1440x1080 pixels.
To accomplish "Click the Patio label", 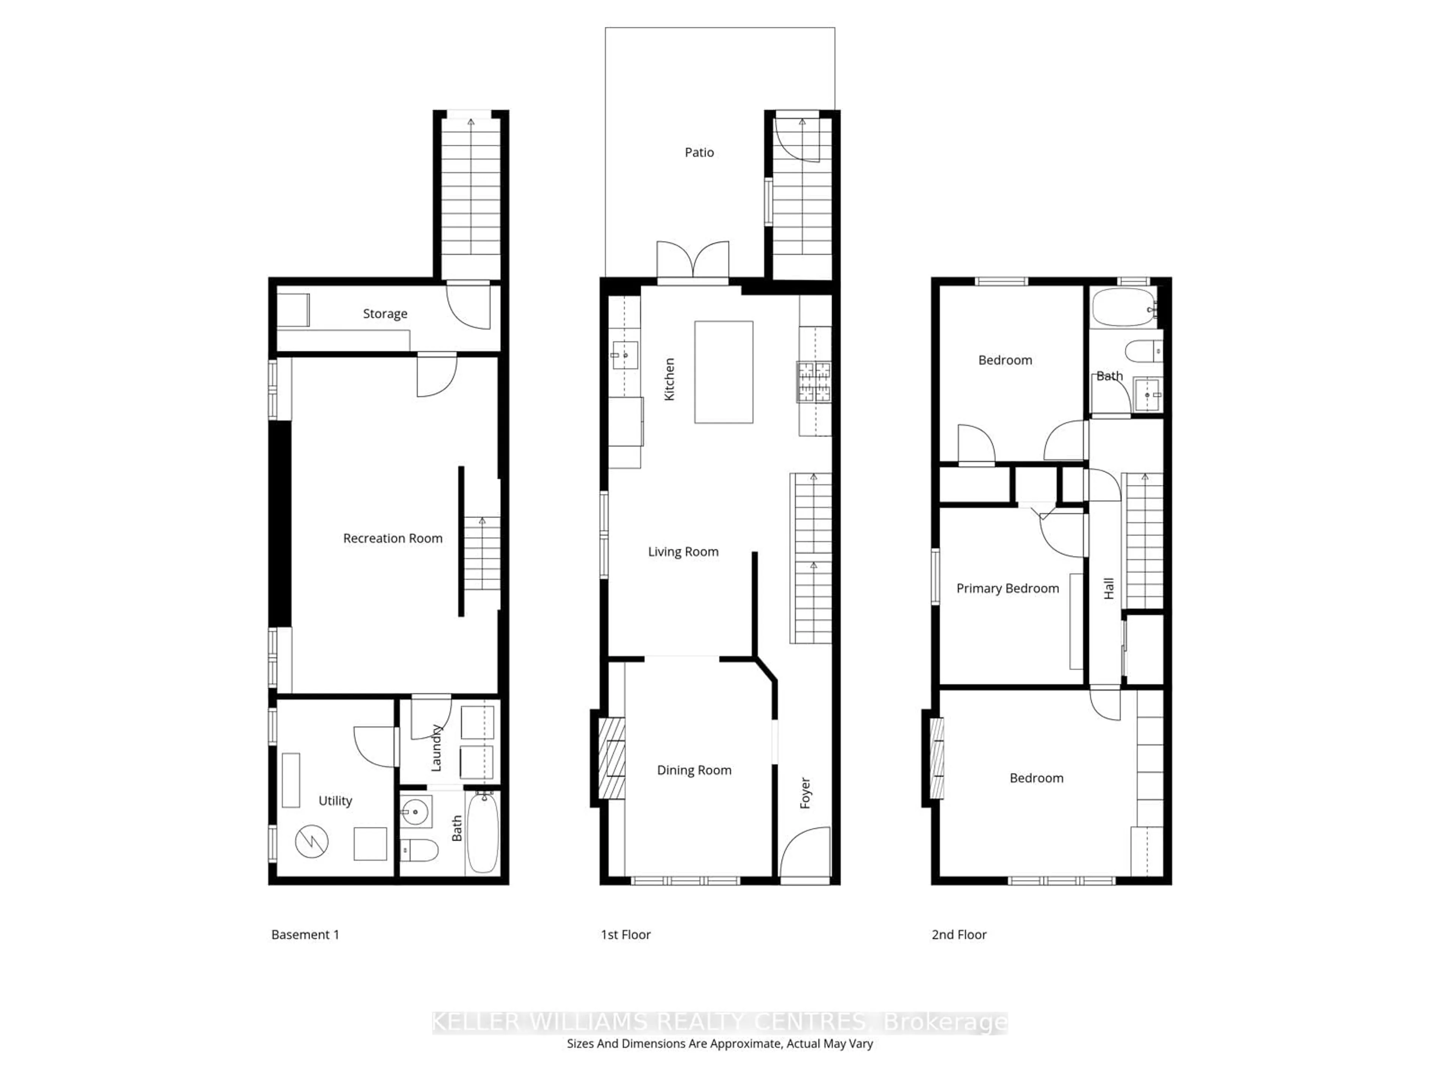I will point(699,152).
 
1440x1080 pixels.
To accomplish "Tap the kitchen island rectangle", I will point(723,372).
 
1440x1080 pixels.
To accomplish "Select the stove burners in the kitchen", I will point(814,381).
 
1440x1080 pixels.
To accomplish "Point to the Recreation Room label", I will point(393,538).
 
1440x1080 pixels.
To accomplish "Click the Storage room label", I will point(385,314).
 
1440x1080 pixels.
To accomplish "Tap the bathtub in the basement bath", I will point(482,832).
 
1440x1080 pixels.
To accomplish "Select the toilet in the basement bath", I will point(418,849).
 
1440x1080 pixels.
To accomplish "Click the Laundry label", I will point(436,748).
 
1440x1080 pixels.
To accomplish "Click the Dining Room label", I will point(694,770).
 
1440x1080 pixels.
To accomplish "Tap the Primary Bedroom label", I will point(1007,588).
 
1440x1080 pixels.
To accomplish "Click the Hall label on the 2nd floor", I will point(1108,588).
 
